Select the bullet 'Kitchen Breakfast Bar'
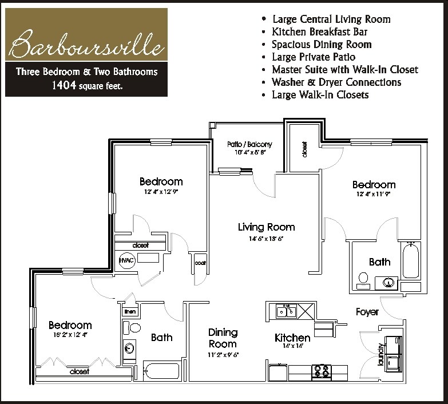click(x=320, y=31)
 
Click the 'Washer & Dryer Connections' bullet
click(x=336, y=82)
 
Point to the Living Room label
click(x=266, y=227)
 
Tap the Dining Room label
click(x=223, y=338)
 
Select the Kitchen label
click(x=292, y=338)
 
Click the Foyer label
click(x=367, y=312)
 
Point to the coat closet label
click(x=200, y=263)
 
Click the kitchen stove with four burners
click(x=321, y=371)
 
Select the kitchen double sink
click(x=286, y=311)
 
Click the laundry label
click(x=380, y=354)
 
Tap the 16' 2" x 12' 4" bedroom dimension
click(x=70, y=334)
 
